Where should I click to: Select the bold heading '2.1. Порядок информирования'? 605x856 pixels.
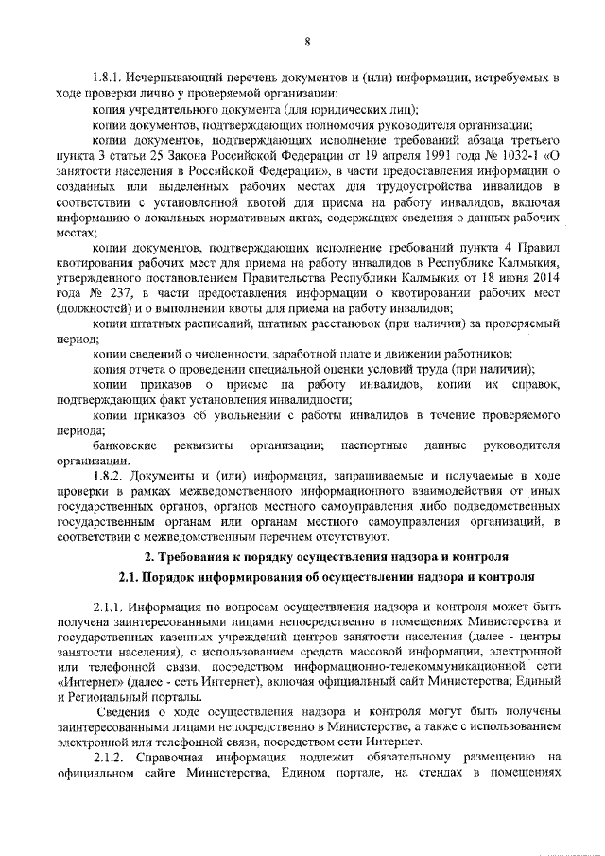point(326,576)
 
